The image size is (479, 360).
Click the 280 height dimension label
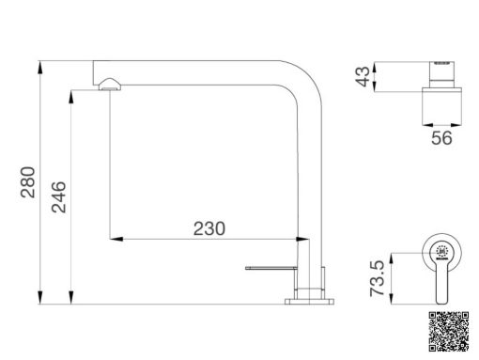pyautogui.click(x=27, y=183)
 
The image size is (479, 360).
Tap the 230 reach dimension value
pyautogui.click(x=209, y=227)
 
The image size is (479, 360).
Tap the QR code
pyautogui.click(x=445, y=329)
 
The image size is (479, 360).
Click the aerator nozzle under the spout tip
pyautogui.click(x=110, y=86)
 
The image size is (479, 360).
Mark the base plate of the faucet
pyautogui.click(x=311, y=301)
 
